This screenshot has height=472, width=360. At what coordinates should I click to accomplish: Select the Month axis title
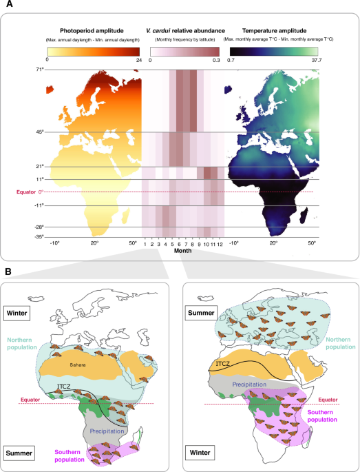pyautogui.click(x=182, y=251)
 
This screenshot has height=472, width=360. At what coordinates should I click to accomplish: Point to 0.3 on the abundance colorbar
pyautogui.click(x=216, y=61)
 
